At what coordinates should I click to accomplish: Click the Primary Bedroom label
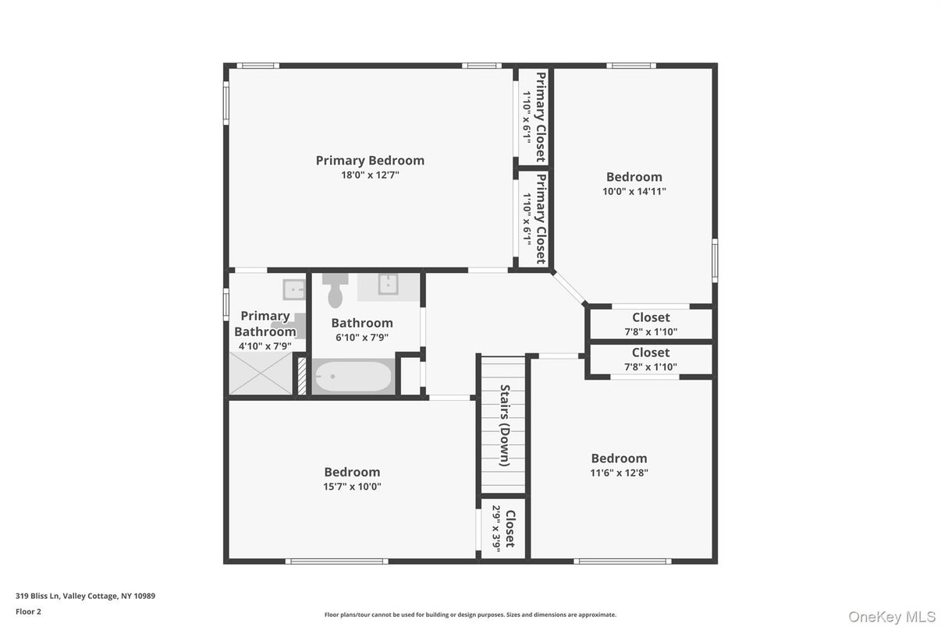coord(370,161)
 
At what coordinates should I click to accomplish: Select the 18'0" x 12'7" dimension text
coord(370,175)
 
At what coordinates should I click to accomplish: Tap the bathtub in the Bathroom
coord(353,377)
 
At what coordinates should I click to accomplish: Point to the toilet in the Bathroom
coord(336,290)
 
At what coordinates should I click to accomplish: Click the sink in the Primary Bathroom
coord(293,289)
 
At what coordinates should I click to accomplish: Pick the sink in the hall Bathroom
coord(388,285)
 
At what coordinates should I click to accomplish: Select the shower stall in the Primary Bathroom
coord(261,373)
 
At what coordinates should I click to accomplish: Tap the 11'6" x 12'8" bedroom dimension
coord(619,473)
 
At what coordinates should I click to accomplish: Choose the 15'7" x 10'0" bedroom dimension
coord(352,487)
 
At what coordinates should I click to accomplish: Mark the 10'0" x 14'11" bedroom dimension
coord(634,192)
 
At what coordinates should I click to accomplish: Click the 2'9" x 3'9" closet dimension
coord(496,529)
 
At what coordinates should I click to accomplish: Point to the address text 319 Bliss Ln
coord(37,596)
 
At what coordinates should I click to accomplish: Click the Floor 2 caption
coord(28,611)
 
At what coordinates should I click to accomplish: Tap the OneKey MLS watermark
coord(892,617)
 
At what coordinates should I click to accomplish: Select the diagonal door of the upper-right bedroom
coord(569,287)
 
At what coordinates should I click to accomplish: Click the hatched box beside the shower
coord(302,375)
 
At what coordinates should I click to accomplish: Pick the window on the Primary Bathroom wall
coord(226,304)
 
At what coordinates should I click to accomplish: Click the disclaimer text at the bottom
coord(470,615)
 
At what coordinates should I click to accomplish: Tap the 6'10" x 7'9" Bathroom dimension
coord(362,337)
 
